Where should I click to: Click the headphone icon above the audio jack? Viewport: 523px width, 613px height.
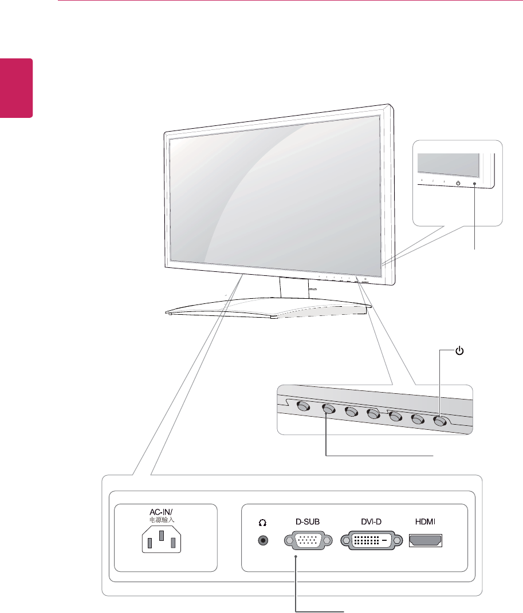click(x=264, y=523)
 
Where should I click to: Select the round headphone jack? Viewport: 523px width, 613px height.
click(x=264, y=540)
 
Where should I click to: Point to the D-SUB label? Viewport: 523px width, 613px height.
click(x=305, y=522)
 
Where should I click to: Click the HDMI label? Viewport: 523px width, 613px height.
click(x=426, y=522)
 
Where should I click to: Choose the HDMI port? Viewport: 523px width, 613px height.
click(x=426, y=540)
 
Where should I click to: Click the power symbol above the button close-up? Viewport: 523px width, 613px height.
click(x=459, y=350)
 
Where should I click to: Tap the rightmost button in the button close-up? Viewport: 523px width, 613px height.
click(x=440, y=420)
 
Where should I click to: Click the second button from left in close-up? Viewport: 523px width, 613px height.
click(x=328, y=409)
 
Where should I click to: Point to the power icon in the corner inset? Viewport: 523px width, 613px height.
click(x=458, y=183)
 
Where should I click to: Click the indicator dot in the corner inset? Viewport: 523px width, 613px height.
click(x=475, y=183)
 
